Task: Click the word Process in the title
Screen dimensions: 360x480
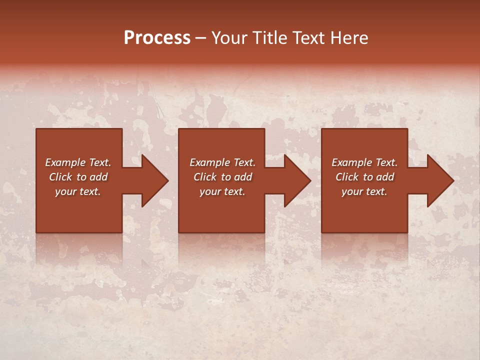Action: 157,38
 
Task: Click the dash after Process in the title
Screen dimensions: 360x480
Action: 201,38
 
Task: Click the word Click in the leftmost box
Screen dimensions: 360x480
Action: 61,177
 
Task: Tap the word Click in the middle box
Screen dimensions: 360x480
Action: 205,177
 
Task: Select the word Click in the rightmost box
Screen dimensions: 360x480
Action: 347,177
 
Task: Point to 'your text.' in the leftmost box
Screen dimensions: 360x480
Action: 78,191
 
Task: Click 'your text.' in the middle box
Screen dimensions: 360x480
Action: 222,191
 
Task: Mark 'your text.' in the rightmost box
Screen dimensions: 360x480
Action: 364,191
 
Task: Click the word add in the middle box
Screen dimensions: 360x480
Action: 243,177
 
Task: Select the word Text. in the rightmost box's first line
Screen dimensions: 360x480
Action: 385,162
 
